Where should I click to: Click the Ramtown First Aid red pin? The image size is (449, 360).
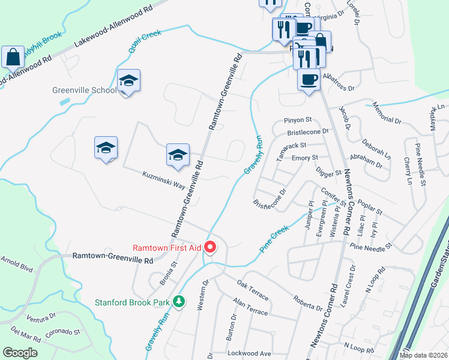click(x=210, y=247)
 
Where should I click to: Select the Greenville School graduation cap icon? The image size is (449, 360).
click(x=128, y=81)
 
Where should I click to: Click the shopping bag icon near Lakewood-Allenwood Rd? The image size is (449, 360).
click(x=13, y=57)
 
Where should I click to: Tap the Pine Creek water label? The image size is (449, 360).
click(x=274, y=238)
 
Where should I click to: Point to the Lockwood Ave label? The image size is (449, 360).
click(x=250, y=353)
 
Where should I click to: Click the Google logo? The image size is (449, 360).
click(x=20, y=353)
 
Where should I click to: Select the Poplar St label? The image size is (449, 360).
click(x=369, y=208)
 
